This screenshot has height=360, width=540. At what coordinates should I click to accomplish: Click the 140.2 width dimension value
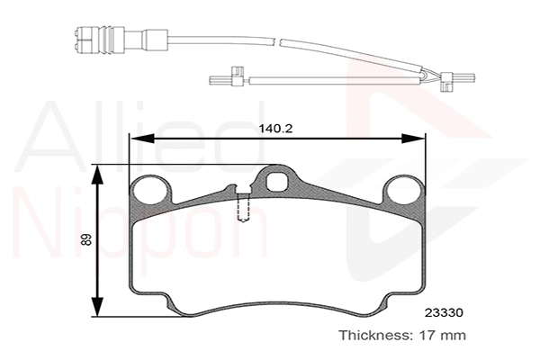275,129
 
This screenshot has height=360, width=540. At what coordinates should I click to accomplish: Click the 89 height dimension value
86,239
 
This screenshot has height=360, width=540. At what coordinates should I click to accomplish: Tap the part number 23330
444,313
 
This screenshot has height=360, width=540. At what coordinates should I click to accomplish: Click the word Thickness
374,335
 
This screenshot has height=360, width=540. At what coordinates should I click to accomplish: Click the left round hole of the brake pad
151,191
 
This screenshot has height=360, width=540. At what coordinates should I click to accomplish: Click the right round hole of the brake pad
403,191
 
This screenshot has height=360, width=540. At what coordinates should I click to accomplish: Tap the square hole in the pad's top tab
276,181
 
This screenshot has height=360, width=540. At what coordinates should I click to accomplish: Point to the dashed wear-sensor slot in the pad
243,208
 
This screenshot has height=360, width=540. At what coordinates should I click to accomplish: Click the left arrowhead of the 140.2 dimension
141,139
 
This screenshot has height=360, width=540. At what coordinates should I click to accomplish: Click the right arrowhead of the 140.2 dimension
413,139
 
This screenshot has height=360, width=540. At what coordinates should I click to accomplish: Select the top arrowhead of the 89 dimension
98,176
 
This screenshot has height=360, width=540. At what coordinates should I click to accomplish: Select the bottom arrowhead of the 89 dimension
98,304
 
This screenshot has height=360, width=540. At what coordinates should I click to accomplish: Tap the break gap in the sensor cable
277,41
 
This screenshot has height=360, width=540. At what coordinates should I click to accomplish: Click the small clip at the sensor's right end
446,82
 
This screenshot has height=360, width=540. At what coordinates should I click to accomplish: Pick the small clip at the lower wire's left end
236,76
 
